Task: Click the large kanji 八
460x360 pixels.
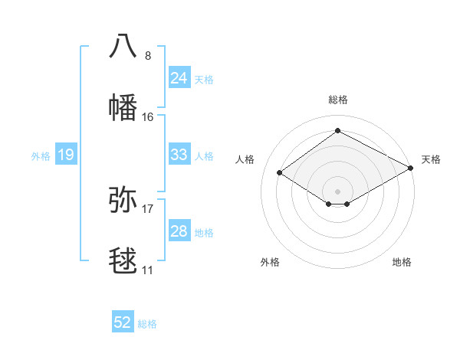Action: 123,45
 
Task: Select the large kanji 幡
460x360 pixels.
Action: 123,107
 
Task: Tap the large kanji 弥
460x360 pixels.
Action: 123,200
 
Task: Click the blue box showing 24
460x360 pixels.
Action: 179,78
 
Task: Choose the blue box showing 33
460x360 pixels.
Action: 179,155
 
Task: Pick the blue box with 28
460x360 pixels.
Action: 179,231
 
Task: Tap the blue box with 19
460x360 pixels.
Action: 66,155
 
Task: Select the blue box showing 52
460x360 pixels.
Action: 123,322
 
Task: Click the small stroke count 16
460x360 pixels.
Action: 148,117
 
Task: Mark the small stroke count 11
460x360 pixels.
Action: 147,270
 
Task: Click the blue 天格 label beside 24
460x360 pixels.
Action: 204,80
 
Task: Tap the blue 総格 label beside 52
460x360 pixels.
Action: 147,324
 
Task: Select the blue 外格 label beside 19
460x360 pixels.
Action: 41,156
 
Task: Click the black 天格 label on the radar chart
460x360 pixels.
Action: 431,159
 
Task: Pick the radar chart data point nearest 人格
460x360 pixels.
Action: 280,173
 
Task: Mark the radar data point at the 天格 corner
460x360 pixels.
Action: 411,169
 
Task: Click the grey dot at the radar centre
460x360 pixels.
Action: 337,191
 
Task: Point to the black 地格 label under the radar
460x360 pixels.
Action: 402,262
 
